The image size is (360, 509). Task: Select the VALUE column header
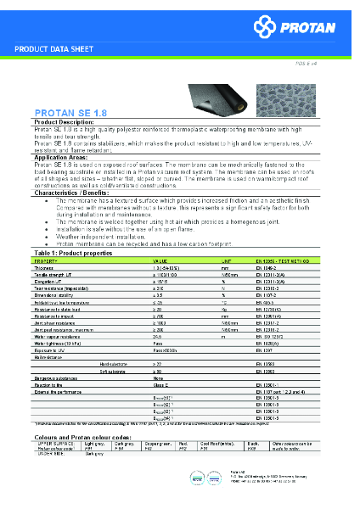pos(160,261)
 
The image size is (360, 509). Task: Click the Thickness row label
pos(43,268)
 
